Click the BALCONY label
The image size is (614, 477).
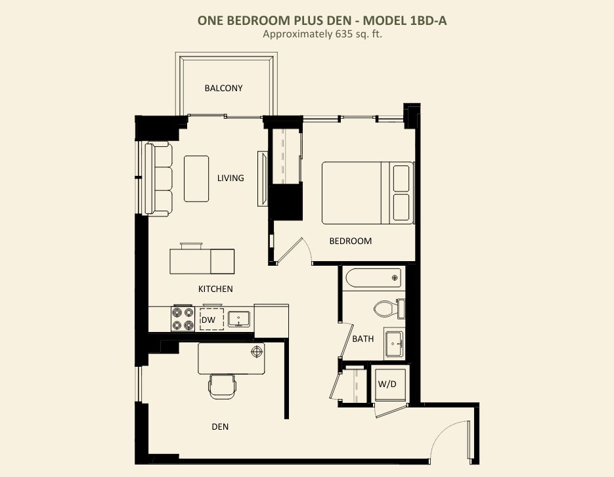pyautogui.click(x=223, y=88)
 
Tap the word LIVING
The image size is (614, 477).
pyautogui.click(x=230, y=178)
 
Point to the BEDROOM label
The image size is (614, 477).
pyautogui.click(x=351, y=241)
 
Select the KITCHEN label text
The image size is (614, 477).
pyautogui.click(x=215, y=289)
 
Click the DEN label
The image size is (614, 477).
pyautogui.click(x=220, y=426)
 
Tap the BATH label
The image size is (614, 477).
pyautogui.click(x=363, y=339)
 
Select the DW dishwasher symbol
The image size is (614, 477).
pyautogui.click(x=212, y=320)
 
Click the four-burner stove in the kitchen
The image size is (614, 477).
pyautogui.click(x=183, y=319)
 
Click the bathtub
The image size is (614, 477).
pyautogui.click(x=374, y=278)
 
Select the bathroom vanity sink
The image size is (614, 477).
pyautogui.click(x=394, y=344)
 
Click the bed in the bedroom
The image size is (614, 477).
pyautogui.click(x=368, y=192)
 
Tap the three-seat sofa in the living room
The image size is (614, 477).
pyautogui.click(x=159, y=179)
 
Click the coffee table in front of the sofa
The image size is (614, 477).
pyautogui.click(x=196, y=179)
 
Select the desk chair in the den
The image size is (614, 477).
pyautogui.click(x=222, y=386)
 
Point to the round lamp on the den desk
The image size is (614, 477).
pyautogui.click(x=257, y=352)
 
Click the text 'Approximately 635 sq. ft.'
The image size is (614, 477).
pyautogui.click(x=322, y=34)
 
